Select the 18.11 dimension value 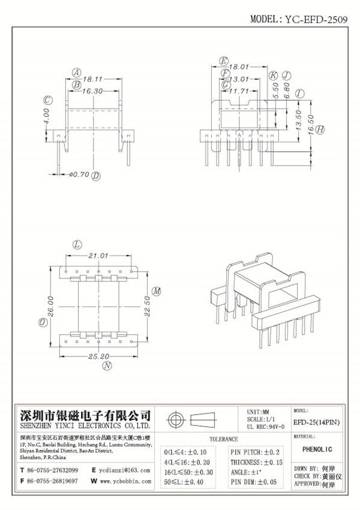tap(92, 78)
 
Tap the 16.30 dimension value tap(91, 91)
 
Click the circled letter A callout tap(76, 72)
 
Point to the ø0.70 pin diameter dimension tap(79, 175)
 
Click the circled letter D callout tap(96, 176)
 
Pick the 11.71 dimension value tap(240, 91)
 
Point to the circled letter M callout tap(156, 291)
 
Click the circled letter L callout tap(76, 244)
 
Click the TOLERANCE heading tap(222, 439)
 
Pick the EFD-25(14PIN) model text tap(316, 422)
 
